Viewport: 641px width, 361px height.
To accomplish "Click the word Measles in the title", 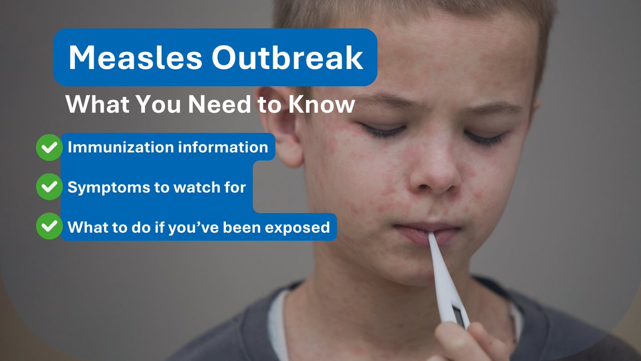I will (135, 58).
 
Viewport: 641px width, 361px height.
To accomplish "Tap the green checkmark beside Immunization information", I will (49, 147).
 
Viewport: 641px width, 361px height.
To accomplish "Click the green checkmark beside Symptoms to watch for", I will (49, 187).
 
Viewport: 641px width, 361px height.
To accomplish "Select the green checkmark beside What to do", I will (49, 227).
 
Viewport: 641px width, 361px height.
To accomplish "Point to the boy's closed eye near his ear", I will (382, 130).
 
